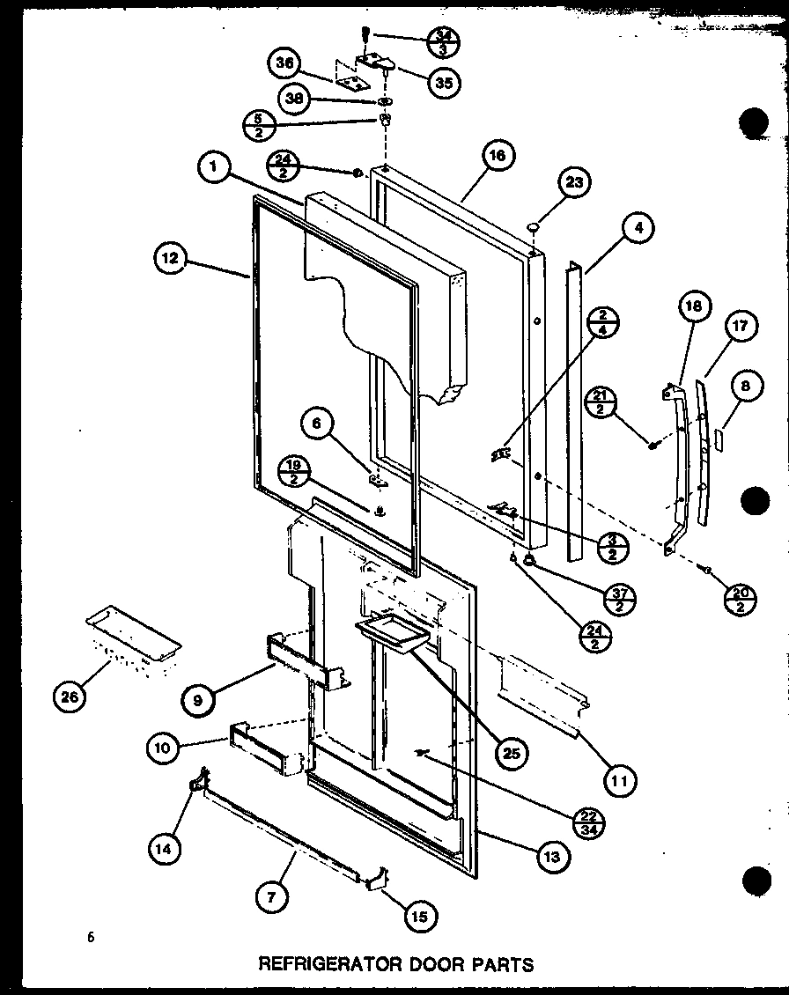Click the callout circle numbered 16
pyautogui.click(x=498, y=155)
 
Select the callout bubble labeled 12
pyautogui.click(x=169, y=260)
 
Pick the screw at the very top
pyautogui.click(x=364, y=34)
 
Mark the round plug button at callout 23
pyautogui.click(x=532, y=229)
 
